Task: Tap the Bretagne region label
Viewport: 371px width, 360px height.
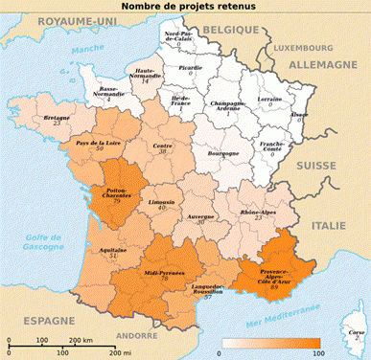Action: point(57,117)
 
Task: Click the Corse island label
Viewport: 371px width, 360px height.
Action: point(354,329)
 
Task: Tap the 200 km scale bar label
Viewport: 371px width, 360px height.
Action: point(106,341)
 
